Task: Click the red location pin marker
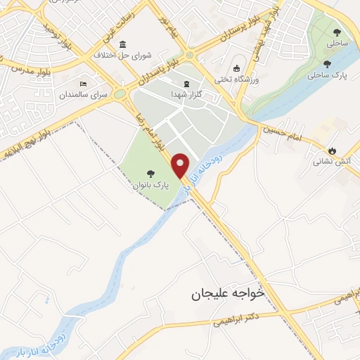(181, 166)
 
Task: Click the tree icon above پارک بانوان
(150, 174)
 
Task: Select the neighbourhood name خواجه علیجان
(228, 295)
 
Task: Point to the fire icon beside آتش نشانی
(332, 150)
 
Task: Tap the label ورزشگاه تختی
(238, 79)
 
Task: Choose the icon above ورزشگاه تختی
(237, 67)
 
